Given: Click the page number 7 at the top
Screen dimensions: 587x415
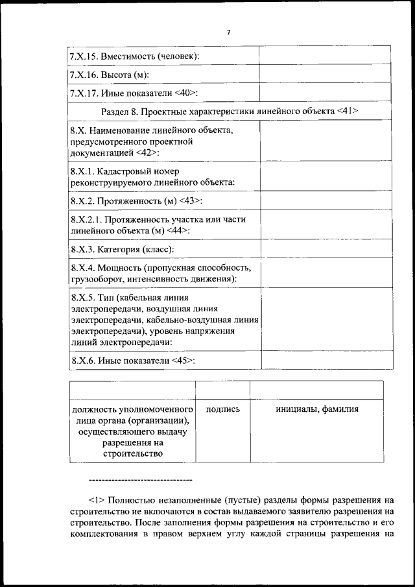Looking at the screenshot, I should (229, 32).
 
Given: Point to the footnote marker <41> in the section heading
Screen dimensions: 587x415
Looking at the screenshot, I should (348, 112).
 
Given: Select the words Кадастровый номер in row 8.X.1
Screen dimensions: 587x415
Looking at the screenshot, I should (136, 172).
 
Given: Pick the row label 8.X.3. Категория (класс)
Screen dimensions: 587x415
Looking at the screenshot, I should (122, 249).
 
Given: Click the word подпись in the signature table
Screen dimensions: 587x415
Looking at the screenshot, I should (222, 409).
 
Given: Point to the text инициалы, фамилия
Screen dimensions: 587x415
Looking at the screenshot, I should (316, 409).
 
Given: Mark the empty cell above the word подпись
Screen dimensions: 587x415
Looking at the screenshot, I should (222, 390).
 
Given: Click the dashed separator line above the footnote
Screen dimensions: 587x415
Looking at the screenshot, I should (139, 479).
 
